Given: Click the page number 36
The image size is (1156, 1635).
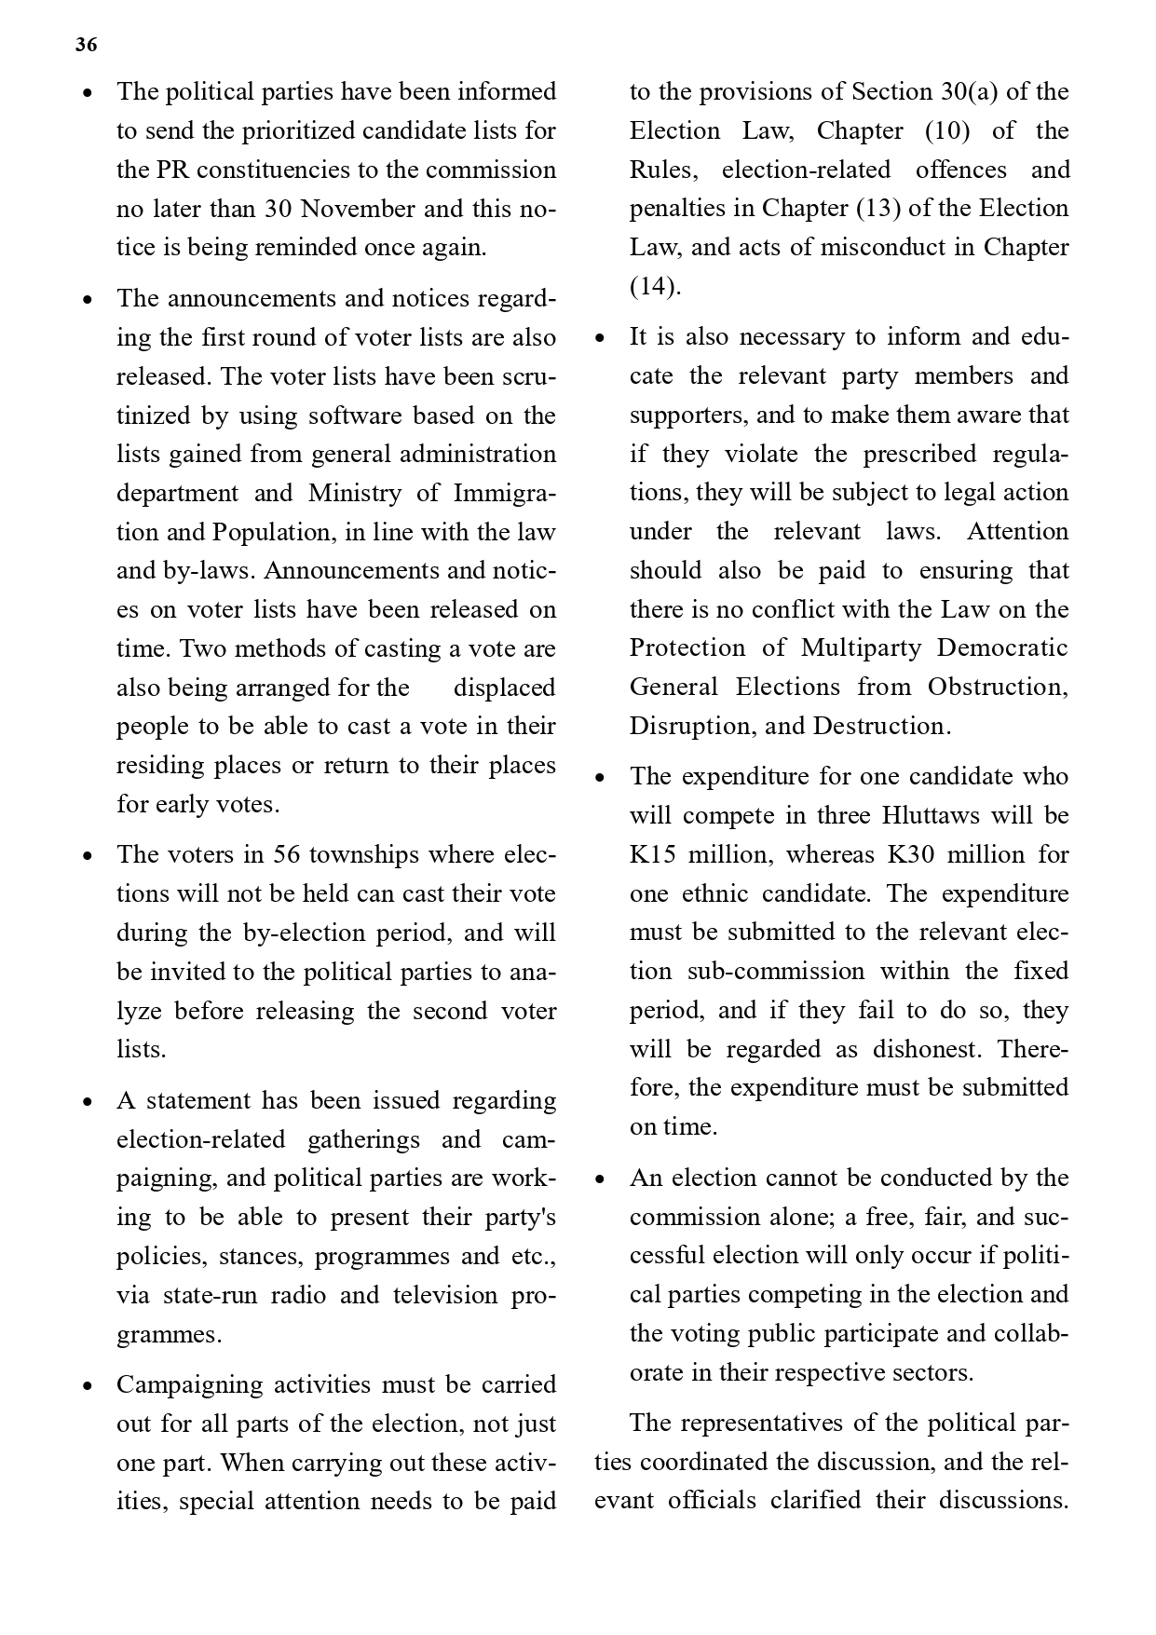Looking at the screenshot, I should click(86, 45).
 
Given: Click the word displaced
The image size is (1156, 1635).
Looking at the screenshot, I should click(504, 688).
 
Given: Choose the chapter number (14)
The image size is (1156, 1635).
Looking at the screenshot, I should click(655, 286).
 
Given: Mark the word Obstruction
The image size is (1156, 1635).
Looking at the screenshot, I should click(997, 687).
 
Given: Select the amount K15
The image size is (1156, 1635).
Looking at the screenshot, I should click(652, 854).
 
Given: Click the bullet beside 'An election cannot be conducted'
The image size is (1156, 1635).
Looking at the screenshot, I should click(601, 1179).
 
